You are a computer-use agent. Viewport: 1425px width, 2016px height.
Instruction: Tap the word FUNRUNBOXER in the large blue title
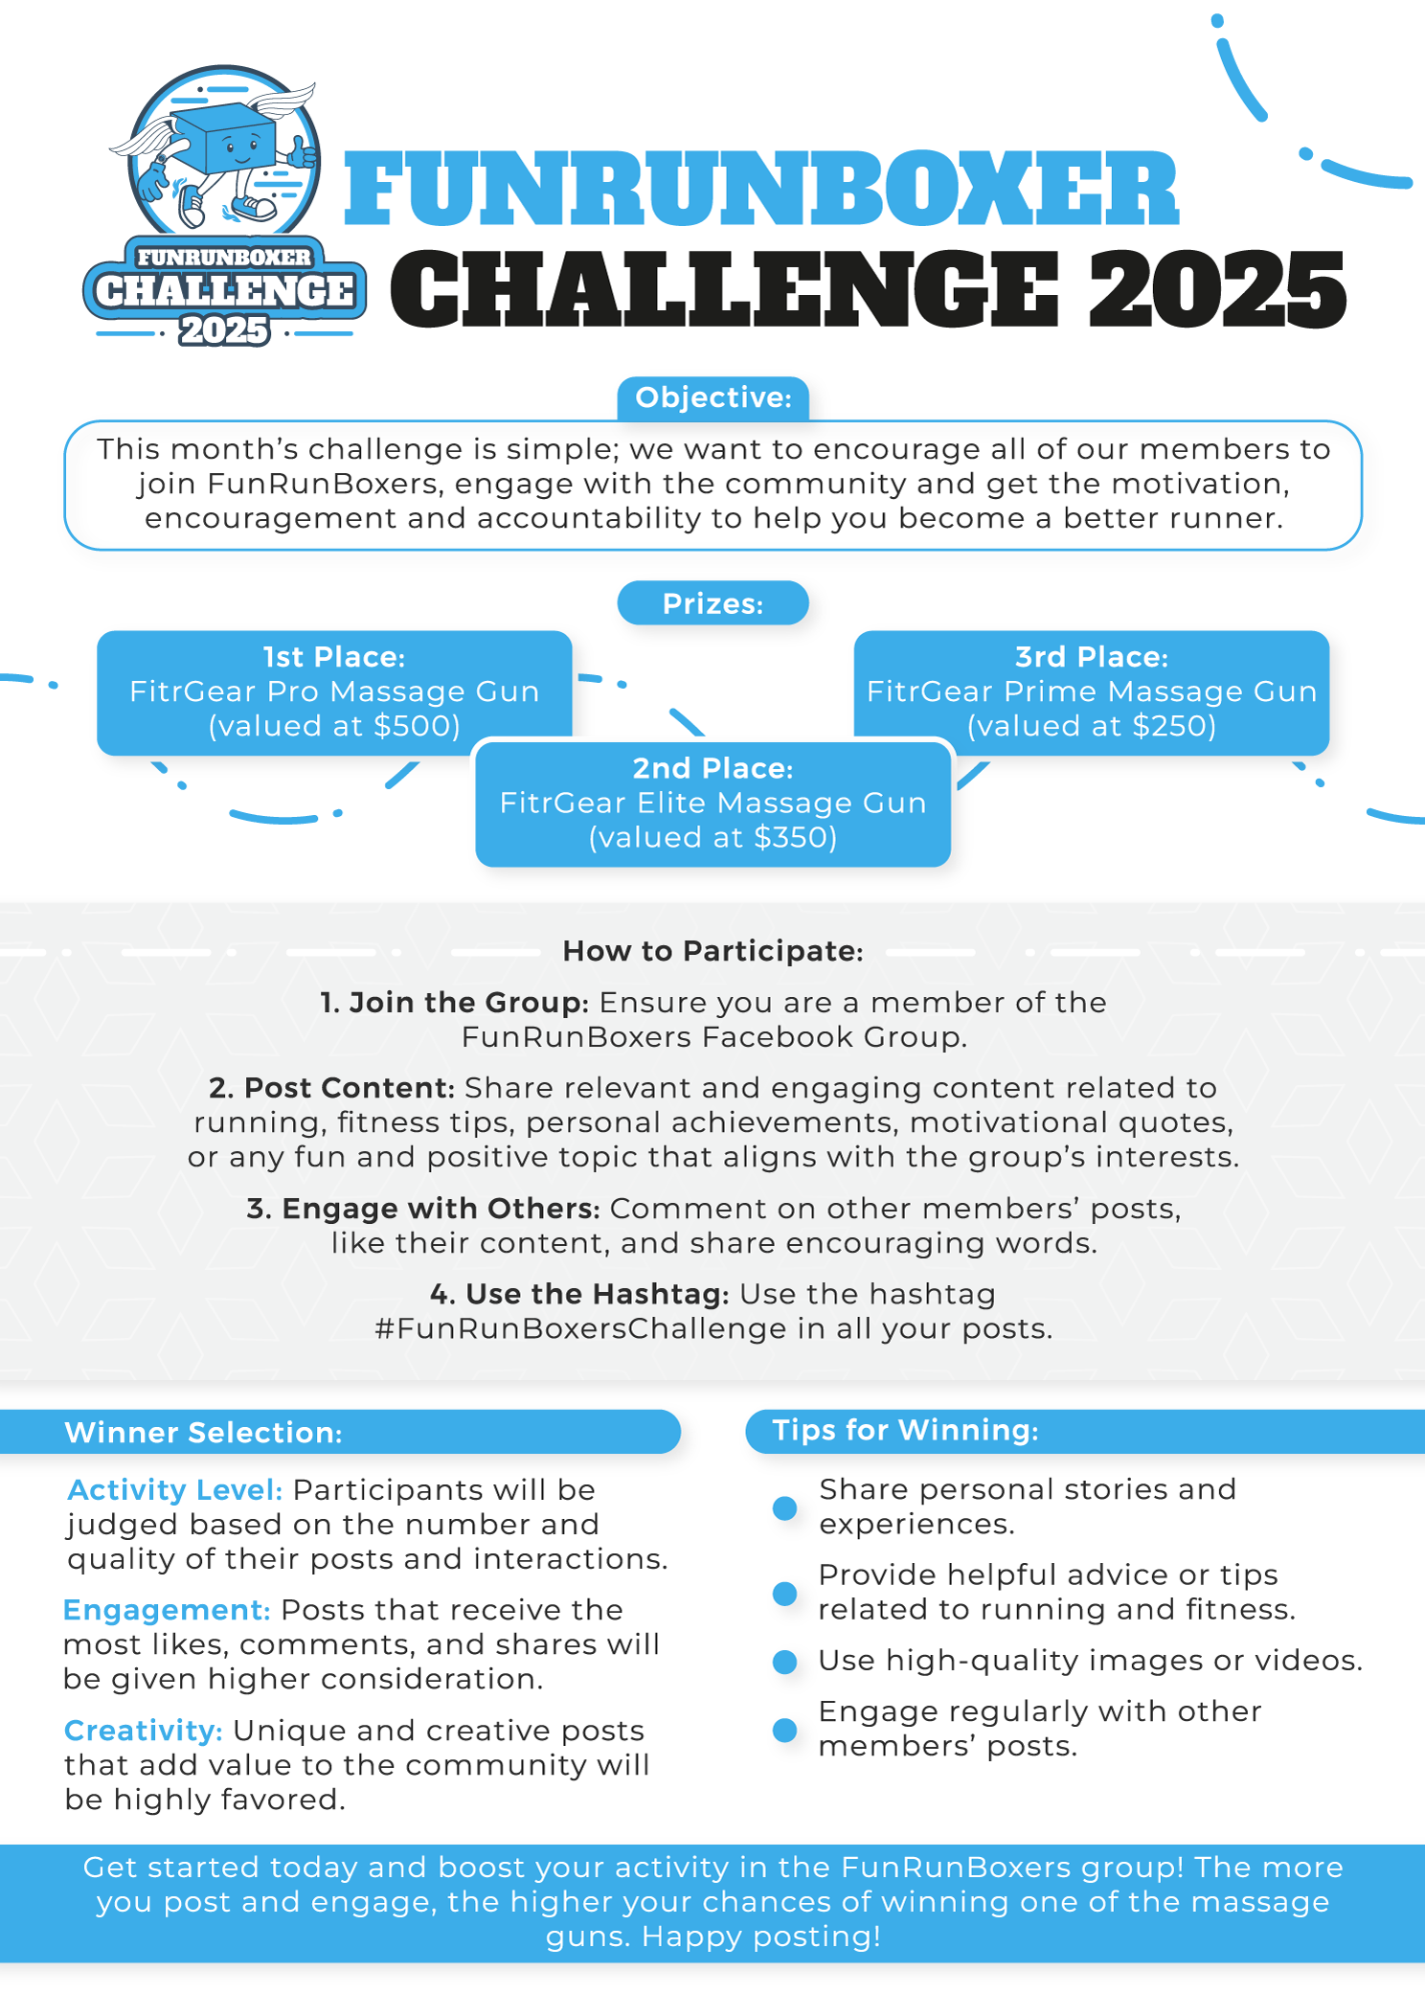760,189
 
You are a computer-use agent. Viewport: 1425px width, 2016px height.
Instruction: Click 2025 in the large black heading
1217,290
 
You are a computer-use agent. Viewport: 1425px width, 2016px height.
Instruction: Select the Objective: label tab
713,398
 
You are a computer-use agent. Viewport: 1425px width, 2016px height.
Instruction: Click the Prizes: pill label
713,604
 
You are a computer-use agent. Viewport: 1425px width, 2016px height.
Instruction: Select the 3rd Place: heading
1092,657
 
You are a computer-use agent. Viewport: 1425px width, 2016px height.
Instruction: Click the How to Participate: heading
713,951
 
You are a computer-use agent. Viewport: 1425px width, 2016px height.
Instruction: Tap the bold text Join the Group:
454,1003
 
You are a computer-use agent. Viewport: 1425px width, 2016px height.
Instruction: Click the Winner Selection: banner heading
203,1433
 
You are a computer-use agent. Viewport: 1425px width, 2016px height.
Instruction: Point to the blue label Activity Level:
174,1490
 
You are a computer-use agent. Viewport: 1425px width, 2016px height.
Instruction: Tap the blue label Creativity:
144,1731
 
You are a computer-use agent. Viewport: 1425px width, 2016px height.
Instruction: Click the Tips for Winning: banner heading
905,1431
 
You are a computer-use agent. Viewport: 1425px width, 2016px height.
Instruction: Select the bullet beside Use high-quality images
784,1662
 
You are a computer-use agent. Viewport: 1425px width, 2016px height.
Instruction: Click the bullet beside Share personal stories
784,1508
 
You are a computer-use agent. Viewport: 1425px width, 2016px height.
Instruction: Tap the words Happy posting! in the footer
761,1937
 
